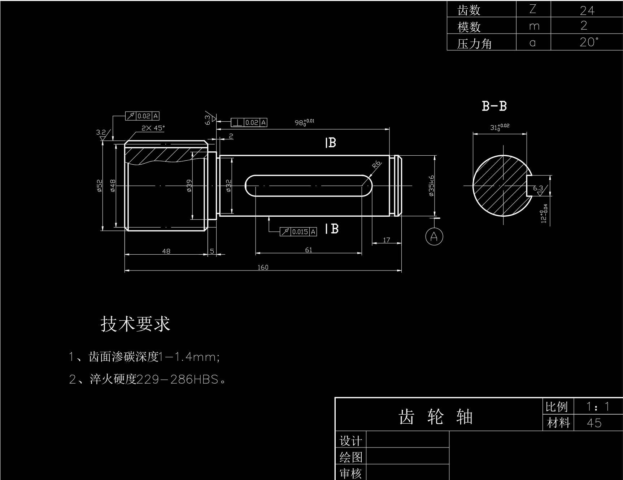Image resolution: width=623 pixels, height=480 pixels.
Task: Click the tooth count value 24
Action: pos(587,10)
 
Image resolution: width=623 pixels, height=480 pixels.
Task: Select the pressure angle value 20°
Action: pos(588,42)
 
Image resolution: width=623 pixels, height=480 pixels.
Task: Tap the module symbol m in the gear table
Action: pos(534,26)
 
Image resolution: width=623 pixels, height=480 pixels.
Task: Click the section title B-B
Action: pos(494,106)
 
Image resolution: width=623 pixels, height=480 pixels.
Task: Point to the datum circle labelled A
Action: pos(434,237)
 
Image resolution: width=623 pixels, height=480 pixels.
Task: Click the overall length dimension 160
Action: pos(263,267)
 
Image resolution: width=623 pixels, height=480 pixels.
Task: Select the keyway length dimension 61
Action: pos(309,250)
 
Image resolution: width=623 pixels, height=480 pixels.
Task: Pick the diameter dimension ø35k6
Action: pos(431,186)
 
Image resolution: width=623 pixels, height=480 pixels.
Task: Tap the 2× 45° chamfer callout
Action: pos(153,128)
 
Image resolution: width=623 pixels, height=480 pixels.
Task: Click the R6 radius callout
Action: pos(376,165)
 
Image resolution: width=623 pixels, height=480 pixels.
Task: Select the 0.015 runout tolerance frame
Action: pos(299,232)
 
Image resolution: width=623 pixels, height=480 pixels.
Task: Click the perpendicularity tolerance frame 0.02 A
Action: pos(249,122)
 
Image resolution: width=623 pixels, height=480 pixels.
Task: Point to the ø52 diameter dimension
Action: pos(100,186)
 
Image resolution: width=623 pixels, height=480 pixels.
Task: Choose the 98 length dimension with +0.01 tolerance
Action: pos(304,122)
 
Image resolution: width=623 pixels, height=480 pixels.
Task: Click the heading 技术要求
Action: pos(135,324)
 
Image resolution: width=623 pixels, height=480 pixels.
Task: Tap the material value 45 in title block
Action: pos(594,423)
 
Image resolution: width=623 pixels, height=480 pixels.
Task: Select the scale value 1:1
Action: pos(598,407)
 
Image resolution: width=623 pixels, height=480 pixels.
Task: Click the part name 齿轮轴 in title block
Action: pos(435,417)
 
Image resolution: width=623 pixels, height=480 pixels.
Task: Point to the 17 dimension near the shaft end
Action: pos(387,240)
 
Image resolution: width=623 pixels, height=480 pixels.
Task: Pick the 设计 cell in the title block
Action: pos(350,441)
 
